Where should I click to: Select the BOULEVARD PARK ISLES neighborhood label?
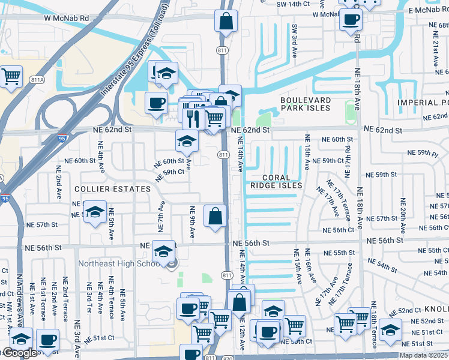click(305, 104)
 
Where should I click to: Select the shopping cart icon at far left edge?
click(11, 76)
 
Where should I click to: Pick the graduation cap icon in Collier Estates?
click(94, 212)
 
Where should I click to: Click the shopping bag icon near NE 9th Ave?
click(215, 215)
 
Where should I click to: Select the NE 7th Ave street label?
click(161, 213)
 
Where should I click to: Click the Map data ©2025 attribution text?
click(423, 355)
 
